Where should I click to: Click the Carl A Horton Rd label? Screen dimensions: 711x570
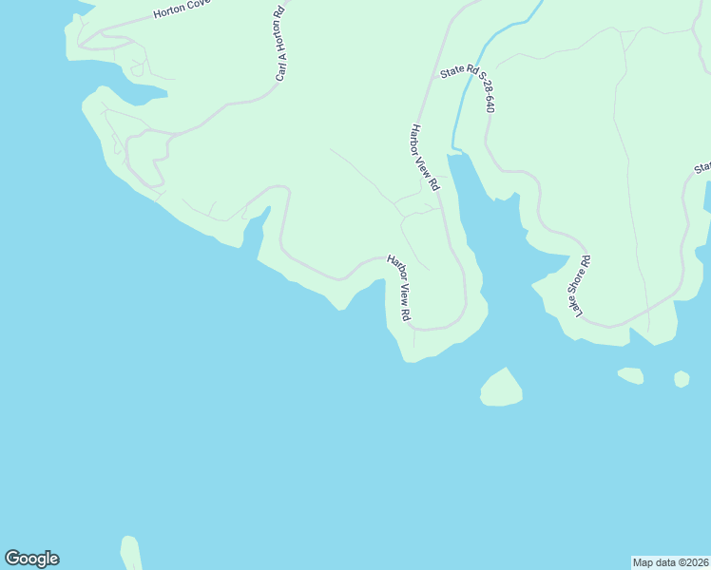click(280, 46)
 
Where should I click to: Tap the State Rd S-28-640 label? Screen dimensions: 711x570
click(468, 89)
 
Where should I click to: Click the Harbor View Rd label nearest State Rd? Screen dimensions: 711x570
click(423, 157)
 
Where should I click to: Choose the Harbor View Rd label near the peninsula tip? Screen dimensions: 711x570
click(398, 287)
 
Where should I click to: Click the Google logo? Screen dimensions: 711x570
click(31, 559)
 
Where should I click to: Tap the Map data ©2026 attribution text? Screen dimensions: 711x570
click(670, 562)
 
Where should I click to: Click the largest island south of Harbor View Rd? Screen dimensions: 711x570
click(501, 389)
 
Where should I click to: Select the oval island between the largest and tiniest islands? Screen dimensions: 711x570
click(630, 375)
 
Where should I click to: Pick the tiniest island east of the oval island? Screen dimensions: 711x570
click(682, 379)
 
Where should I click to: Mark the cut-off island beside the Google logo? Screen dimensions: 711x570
click(131, 554)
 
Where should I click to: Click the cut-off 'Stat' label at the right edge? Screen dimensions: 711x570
click(701, 168)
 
